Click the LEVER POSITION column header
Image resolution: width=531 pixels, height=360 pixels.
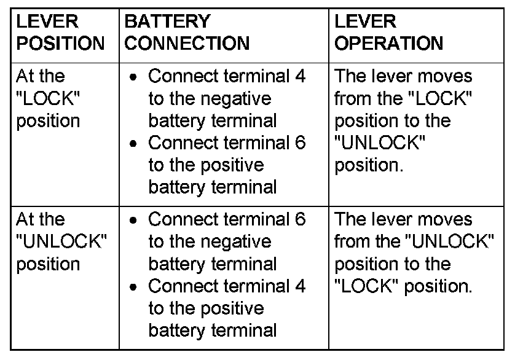(x=60, y=33)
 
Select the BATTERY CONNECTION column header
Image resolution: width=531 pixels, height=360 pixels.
(x=187, y=33)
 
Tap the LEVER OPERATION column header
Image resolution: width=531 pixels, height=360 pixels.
(x=388, y=33)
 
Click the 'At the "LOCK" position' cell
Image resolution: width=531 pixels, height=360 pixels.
(x=49, y=98)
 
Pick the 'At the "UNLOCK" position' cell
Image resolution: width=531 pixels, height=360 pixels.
(x=60, y=241)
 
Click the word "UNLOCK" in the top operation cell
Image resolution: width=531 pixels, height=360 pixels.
(x=380, y=143)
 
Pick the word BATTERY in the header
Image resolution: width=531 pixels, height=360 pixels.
(x=167, y=22)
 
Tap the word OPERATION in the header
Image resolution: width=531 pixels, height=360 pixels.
(x=388, y=44)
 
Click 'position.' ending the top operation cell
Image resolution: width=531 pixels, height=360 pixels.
(x=369, y=165)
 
